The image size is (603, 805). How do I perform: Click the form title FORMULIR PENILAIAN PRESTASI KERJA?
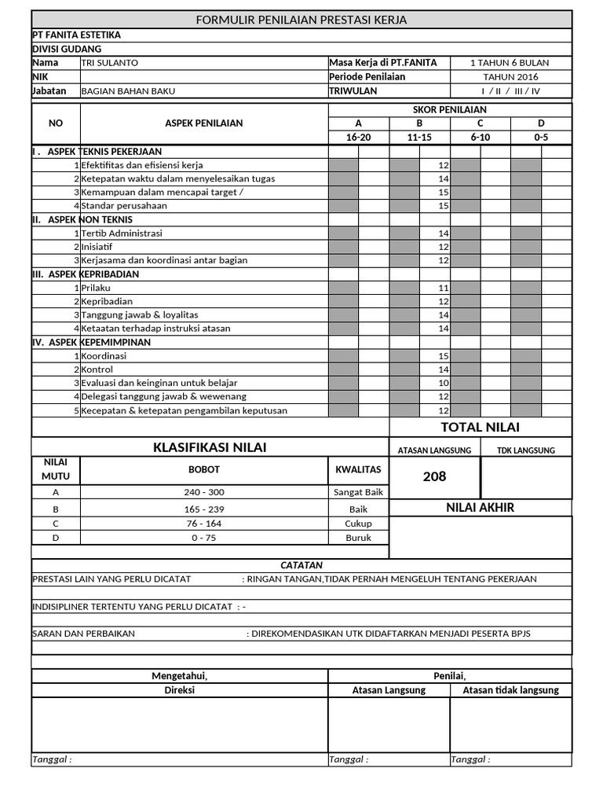(301, 20)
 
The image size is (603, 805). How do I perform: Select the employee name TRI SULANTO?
(110, 63)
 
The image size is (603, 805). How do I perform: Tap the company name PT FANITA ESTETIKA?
(76, 35)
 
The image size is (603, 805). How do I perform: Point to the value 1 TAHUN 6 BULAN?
(510, 63)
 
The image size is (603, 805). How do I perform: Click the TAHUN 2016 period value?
(510, 77)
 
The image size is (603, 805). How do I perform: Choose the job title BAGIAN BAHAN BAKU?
(128, 91)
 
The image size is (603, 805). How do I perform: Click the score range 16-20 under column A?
(358, 137)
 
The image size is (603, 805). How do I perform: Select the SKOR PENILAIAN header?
(450, 110)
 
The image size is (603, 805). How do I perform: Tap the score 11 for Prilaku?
(444, 289)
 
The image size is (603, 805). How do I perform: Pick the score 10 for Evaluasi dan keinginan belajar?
(444, 383)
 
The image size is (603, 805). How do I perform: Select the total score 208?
(434, 476)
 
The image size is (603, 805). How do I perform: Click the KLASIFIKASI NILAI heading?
(210, 447)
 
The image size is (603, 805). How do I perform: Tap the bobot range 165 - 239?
(203, 509)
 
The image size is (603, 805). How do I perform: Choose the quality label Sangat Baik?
(358, 492)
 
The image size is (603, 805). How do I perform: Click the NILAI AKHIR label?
(481, 508)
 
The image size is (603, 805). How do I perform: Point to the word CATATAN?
(301, 565)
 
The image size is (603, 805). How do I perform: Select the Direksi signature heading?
(179, 690)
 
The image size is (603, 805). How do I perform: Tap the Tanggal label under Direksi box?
(52, 759)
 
